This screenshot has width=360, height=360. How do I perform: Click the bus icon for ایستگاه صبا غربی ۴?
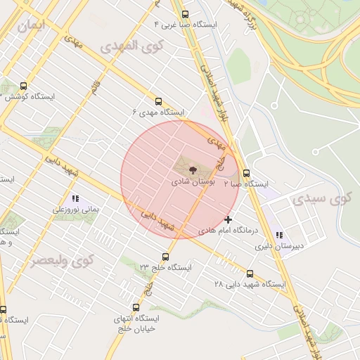(185, 14)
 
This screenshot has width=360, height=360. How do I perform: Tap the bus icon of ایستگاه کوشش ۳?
(25, 86)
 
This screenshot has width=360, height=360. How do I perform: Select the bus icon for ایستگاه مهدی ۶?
(157, 101)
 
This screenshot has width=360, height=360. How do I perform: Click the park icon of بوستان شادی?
(193, 169)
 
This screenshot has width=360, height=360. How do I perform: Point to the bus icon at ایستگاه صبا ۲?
(246, 173)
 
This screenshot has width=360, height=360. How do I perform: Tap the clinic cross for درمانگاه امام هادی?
(228, 219)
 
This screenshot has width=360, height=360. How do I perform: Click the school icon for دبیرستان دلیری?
(280, 236)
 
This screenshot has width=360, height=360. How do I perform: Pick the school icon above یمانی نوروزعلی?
(75, 199)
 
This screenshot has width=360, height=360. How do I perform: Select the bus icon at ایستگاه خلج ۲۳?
(166, 257)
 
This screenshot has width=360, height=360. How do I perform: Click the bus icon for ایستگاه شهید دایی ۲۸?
(250, 274)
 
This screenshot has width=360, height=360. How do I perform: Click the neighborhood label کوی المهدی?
(131, 48)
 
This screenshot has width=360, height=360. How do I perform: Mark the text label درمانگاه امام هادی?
(228, 230)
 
